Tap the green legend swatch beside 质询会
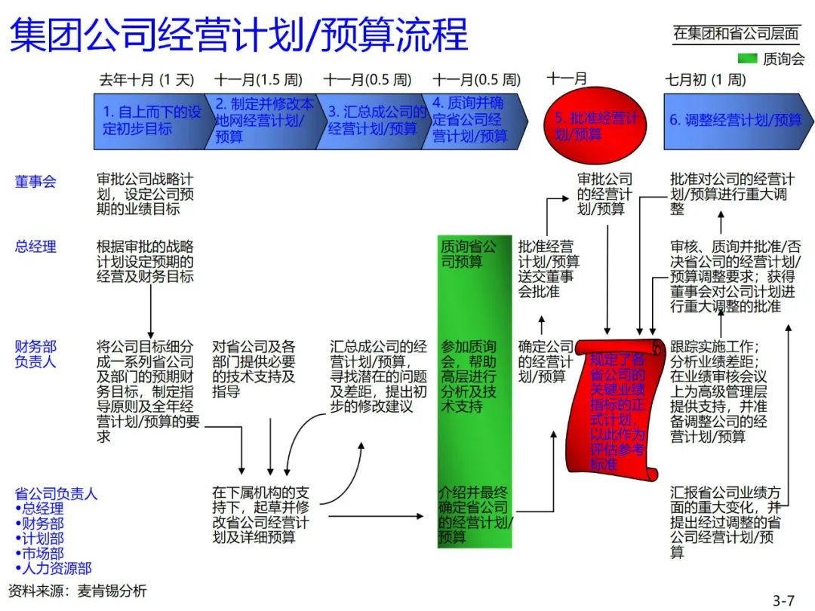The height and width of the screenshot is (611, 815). click(x=747, y=59)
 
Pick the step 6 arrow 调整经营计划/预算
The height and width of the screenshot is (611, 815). click(x=736, y=120)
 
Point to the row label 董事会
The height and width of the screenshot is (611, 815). click(x=35, y=182)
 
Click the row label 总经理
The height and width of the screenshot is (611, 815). click(x=35, y=247)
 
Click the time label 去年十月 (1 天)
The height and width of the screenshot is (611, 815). click(x=146, y=80)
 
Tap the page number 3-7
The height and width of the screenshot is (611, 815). click(x=783, y=600)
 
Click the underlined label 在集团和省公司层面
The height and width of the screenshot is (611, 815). click(x=736, y=33)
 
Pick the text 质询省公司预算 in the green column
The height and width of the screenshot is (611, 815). click(x=469, y=254)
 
